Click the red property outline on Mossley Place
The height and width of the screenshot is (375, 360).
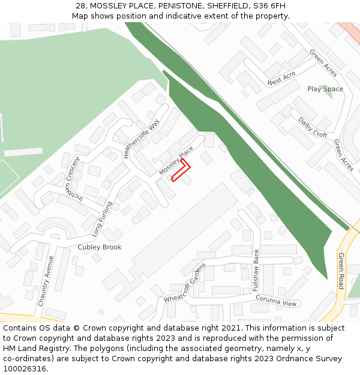(x=180, y=170)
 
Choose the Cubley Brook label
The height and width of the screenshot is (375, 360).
(x=100, y=247)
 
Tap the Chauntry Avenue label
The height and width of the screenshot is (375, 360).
(x=46, y=281)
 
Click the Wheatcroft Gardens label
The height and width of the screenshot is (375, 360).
(x=185, y=283)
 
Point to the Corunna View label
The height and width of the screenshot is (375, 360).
(x=276, y=301)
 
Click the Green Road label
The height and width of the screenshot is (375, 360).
(x=341, y=271)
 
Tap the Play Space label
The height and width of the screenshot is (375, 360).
(x=325, y=89)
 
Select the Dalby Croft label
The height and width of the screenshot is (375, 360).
(x=313, y=127)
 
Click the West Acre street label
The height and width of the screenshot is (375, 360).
(x=282, y=78)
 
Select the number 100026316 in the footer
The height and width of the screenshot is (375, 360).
(x=25, y=368)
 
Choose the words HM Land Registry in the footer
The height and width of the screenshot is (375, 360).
(x=34, y=349)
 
